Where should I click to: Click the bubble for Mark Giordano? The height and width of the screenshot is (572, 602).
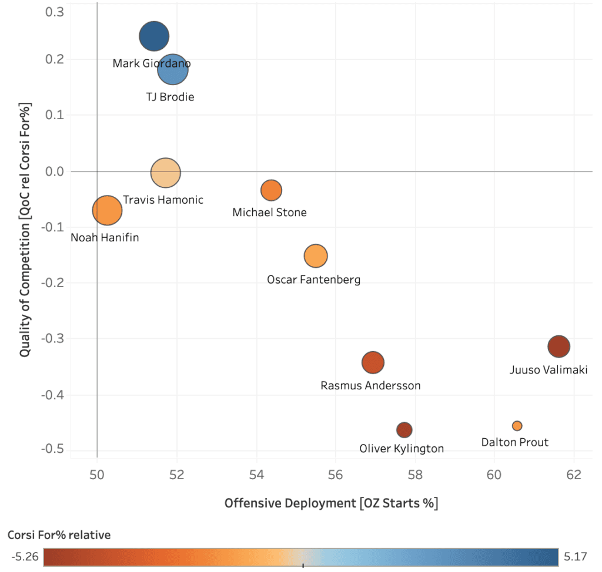(154, 36)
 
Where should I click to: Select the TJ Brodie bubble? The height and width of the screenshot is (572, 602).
(173, 70)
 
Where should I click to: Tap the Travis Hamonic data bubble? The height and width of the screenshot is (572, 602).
(166, 173)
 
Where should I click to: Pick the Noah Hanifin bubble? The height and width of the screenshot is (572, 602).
(107, 210)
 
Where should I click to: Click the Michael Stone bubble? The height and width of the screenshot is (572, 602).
(271, 190)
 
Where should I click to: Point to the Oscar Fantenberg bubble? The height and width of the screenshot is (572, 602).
(316, 255)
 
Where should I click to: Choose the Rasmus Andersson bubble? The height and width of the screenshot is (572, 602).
(373, 362)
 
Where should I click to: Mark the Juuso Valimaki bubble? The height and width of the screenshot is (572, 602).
(558, 346)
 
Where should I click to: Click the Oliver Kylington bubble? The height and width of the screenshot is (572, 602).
(404, 430)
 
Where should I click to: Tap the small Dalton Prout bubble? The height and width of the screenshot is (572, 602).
(517, 426)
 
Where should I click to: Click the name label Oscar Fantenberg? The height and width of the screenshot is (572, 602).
(313, 280)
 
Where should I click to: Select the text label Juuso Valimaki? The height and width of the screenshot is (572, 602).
(548, 370)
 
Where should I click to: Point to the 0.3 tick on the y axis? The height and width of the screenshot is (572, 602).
(55, 12)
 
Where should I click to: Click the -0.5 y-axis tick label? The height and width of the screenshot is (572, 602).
(53, 450)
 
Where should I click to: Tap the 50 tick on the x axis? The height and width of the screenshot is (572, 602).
(97, 475)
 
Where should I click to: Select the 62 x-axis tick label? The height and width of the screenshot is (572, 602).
(574, 475)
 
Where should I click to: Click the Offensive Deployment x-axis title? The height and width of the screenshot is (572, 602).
(331, 503)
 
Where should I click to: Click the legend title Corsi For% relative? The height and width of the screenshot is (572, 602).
(59, 535)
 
